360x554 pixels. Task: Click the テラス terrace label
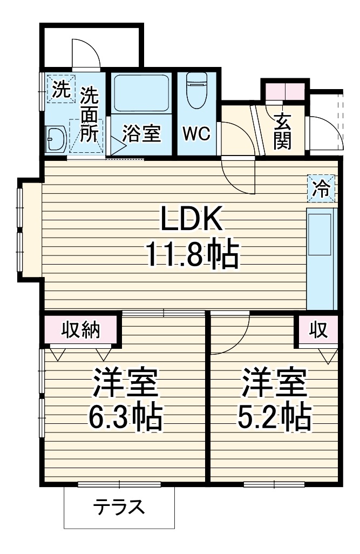pyautogui.click(x=119, y=507)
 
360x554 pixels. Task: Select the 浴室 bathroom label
pyautogui.click(x=141, y=134)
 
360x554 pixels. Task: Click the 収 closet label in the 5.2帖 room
pyautogui.click(x=318, y=330)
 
